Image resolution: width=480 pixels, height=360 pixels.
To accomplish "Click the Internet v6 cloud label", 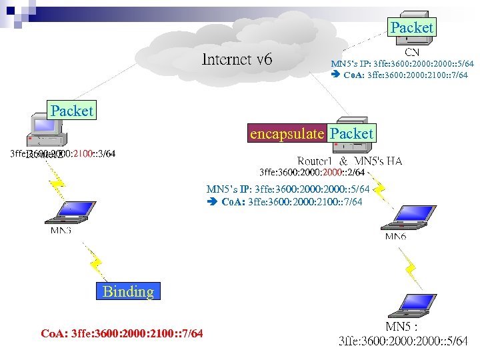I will [237, 59].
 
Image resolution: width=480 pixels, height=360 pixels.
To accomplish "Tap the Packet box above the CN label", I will [411, 27].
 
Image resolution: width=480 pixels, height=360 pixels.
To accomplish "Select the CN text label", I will [413, 51].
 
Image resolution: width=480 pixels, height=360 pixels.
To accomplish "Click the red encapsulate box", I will [286, 134].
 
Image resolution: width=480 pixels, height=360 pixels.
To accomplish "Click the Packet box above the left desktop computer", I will [71, 111].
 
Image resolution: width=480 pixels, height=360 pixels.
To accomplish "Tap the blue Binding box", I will [128, 291].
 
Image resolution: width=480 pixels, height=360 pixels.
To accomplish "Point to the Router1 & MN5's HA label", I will [349, 161].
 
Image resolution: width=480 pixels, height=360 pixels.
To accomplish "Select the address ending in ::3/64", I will [63, 154].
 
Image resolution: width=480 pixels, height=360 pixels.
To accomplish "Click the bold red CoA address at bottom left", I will [122, 333].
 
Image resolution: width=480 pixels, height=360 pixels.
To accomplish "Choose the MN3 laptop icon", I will [64, 212].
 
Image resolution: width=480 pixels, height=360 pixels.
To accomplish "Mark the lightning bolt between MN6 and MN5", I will [411, 269].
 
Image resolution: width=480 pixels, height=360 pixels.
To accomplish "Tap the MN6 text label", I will [395, 237].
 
